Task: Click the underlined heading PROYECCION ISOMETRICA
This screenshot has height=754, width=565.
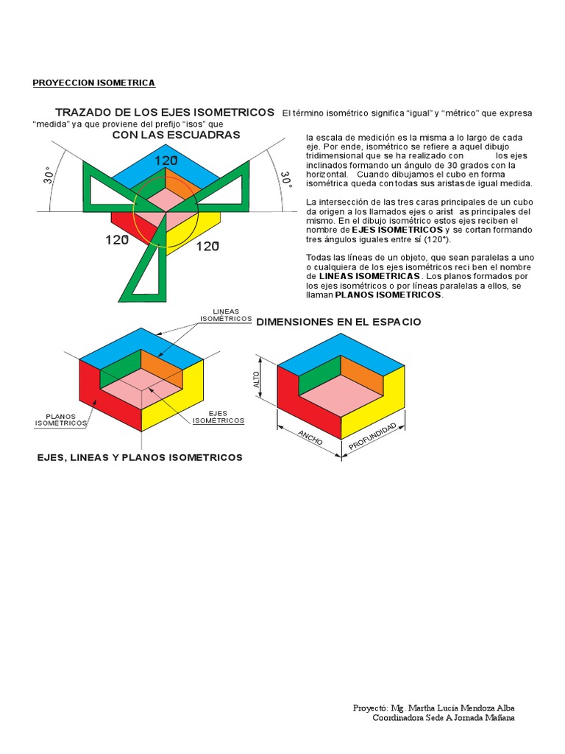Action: click(93, 82)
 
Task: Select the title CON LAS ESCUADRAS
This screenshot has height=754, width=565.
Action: click(176, 135)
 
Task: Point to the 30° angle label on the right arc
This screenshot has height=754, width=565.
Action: click(283, 180)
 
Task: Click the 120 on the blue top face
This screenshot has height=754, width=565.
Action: click(166, 160)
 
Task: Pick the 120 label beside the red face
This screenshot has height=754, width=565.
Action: click(117, 239)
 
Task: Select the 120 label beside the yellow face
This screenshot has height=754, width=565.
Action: click(207, 246)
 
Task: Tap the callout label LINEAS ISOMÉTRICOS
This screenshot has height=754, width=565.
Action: click(226, 316)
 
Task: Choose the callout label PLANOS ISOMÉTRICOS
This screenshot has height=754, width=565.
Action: click(61, 420)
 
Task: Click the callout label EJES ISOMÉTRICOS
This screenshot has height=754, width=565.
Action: click(218, 417)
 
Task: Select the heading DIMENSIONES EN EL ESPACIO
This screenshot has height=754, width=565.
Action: click(338, 323)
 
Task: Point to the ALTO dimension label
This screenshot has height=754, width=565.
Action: click(257, 379)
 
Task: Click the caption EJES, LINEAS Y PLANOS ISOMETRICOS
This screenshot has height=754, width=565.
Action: click(140, 458)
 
